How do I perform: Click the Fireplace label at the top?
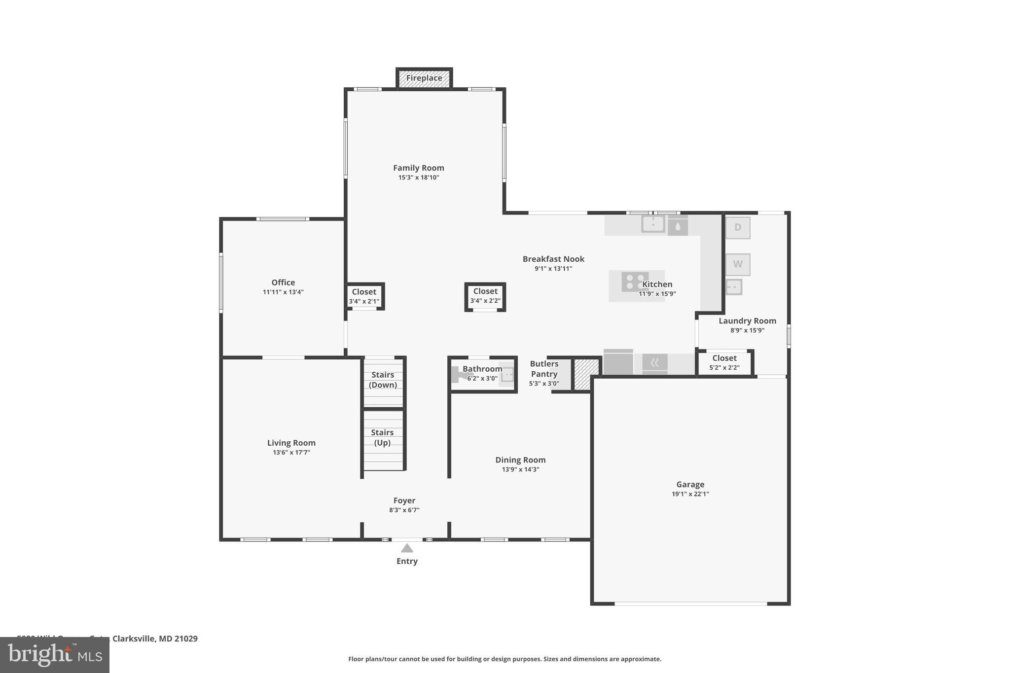(x=424, y=78)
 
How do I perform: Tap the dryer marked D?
(x=737, y=228)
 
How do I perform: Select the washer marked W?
(x=737, y=264)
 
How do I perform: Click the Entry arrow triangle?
(x=407, y=548)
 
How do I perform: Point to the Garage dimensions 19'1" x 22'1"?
(x=690, y=494)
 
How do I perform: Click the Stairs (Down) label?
(x=383, y=380)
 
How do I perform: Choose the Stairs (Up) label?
(x=382, y=437)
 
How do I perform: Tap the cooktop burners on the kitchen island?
(x=634, y=282)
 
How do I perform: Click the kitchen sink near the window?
(x=652, y=224)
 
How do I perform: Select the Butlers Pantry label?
(x=544, y=369)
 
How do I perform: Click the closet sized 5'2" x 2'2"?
(x=724, y=362)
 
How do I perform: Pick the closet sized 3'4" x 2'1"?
(x=364, y=296)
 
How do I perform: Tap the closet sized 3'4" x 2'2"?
(x=485, y=296)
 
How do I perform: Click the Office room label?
(x=283, y=283)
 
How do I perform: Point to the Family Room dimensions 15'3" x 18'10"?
(x=419, y=177)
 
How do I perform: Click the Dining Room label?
(x=520, y=460)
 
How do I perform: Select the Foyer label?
(x=404, y=500)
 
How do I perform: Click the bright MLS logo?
(x=55, y=655)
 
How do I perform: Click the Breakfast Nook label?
(x=553, y=259)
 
